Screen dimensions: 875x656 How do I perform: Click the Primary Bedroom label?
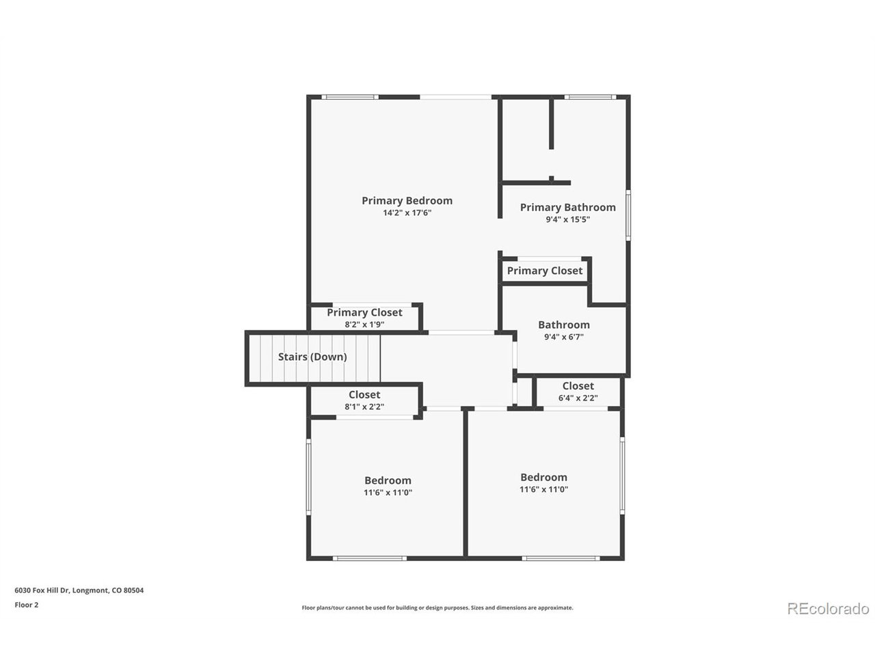click(407, 200)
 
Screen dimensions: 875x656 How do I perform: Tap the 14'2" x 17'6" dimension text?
click(407, 213)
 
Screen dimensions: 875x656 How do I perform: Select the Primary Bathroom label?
click(567, 207)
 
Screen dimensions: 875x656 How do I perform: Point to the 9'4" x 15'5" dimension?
click(567, 219)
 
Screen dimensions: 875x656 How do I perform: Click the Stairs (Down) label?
click(312, 357)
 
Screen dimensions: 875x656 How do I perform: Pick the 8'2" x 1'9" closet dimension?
click(364, 324)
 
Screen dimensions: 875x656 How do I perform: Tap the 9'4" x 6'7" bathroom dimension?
click(564, 337)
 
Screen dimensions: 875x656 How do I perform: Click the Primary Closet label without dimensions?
click(544, 271)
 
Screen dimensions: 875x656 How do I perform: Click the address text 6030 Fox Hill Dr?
click(42, 590)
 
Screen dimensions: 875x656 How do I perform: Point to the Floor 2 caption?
click(26, 605)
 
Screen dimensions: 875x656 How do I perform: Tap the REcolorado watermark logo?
click(828, 609)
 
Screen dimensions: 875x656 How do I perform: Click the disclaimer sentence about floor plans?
click(437, 607)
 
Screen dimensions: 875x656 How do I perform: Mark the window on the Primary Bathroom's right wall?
click(628, 215)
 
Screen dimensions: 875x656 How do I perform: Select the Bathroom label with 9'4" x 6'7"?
click(564, 325)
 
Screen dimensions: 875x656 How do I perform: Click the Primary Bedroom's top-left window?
click(349, 97)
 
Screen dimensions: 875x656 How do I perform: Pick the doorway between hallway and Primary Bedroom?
click(461, 332)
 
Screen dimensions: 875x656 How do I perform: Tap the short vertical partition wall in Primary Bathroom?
click(551, 124)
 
